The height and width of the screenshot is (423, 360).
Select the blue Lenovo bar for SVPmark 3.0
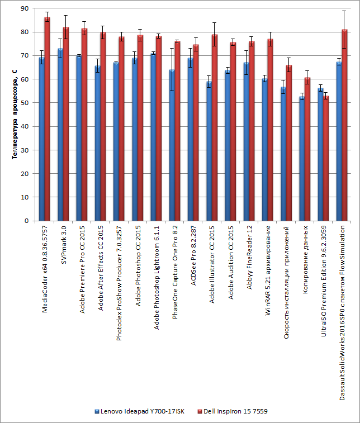(x=60, y=135)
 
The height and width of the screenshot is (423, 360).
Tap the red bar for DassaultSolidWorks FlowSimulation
(x=345, y=125)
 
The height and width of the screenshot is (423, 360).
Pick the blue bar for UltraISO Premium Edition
(x=321, y=154)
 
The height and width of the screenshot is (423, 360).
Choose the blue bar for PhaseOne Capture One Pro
(x=172, y=145)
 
